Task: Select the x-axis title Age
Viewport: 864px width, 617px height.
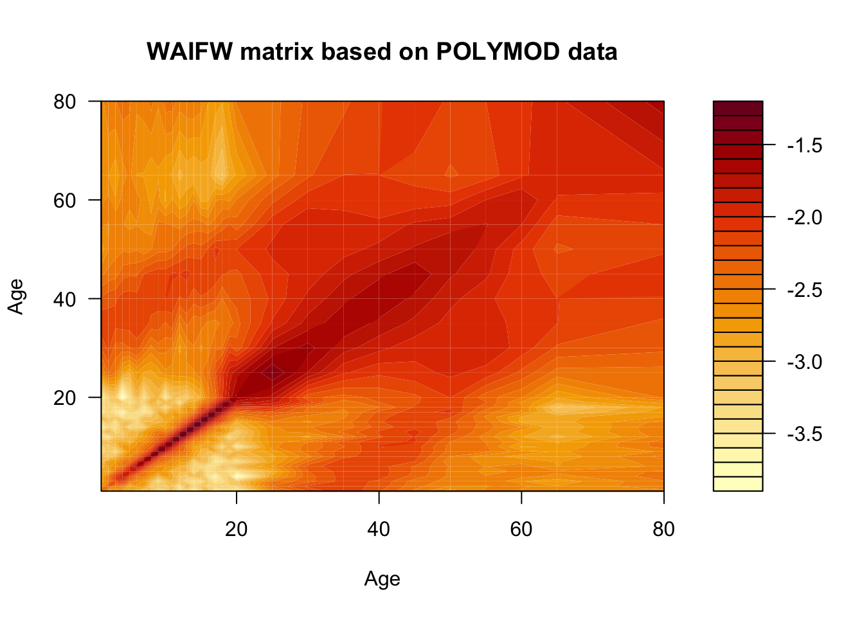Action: point(382,579)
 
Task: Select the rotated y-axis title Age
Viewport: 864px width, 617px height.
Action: point(16,297)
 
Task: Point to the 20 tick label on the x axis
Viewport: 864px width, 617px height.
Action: point(237,529)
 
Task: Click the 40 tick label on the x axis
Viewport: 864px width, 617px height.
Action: point(379,529)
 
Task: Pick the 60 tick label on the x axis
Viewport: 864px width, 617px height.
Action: point(521,529)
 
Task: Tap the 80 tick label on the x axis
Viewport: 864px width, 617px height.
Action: point(663,529)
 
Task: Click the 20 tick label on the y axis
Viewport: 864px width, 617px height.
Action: point(64,398)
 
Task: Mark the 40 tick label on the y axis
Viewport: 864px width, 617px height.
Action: point(64,299)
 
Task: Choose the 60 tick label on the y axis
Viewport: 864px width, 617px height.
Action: point(64,201)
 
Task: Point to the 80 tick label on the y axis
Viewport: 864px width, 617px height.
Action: point(64,102)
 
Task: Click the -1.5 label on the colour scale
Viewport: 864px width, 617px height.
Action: point(804,146)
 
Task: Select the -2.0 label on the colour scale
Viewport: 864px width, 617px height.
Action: point(804,218)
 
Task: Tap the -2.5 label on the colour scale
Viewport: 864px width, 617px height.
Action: point(804,290)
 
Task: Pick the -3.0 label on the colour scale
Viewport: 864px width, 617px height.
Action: point(804,362)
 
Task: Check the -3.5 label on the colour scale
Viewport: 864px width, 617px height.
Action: point(804,434)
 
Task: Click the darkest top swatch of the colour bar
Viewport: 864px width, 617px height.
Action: point(738,108)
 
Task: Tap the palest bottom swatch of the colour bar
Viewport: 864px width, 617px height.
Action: point(738,484)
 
